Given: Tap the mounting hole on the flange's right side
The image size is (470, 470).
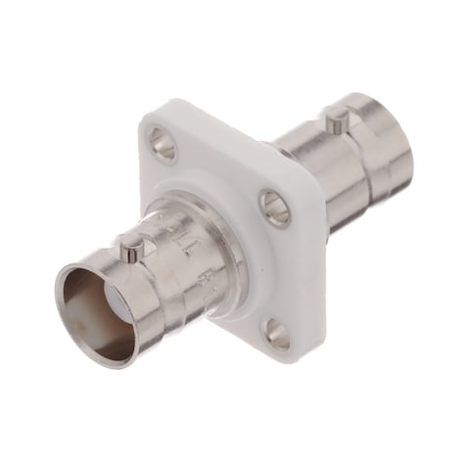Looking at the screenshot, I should tap(274, 208).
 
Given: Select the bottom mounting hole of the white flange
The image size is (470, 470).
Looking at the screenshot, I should tap(277, 335).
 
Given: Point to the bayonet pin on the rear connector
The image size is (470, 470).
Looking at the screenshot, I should tap(337, 122).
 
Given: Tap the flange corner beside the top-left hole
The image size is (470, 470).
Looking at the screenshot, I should tap(147, 127).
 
